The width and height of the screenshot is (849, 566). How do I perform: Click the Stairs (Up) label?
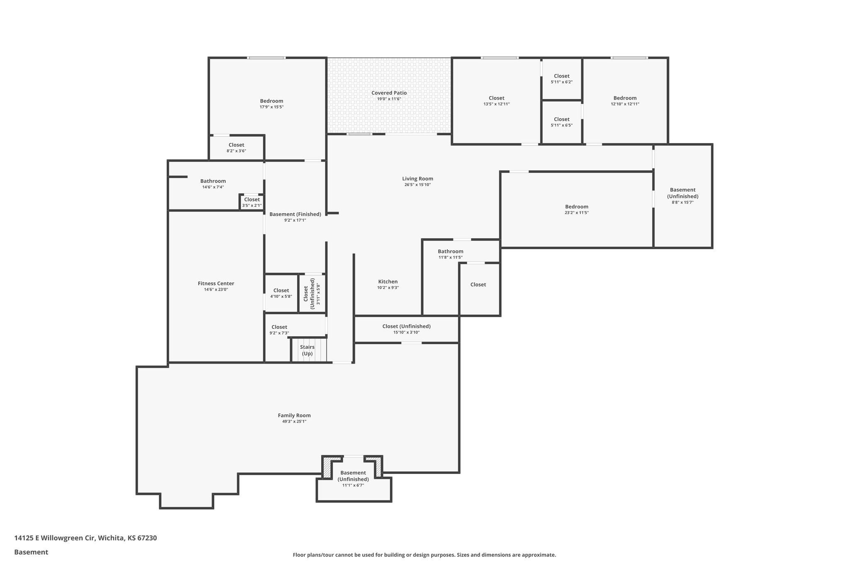307,350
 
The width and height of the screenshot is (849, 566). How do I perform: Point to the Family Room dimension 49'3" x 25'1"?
294,421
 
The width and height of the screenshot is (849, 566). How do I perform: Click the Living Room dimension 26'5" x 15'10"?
417,185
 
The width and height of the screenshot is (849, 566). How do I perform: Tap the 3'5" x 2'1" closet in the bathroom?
252,202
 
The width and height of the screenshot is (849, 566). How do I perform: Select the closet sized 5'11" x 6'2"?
561,79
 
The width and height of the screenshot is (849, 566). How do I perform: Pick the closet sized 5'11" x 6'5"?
561,122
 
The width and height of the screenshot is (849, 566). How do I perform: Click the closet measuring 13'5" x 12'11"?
496,101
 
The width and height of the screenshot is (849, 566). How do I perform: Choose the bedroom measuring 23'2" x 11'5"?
576,209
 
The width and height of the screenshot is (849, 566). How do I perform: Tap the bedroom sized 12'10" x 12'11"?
625,101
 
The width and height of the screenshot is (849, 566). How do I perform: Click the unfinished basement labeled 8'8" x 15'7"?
682,196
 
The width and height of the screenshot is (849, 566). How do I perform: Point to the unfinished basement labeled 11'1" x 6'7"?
353,479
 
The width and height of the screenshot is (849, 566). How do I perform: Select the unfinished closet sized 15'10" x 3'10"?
406,329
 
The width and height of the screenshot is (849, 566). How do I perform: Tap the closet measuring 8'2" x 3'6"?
236,148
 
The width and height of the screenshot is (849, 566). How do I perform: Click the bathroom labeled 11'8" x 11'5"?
450,254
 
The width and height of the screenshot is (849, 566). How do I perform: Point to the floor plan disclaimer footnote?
424,555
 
